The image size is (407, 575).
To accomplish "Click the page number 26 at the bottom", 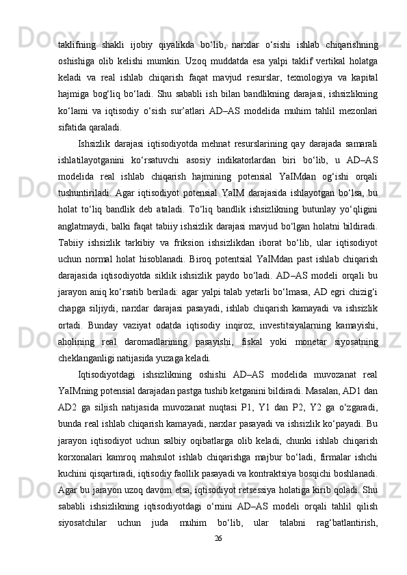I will [218, 557].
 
